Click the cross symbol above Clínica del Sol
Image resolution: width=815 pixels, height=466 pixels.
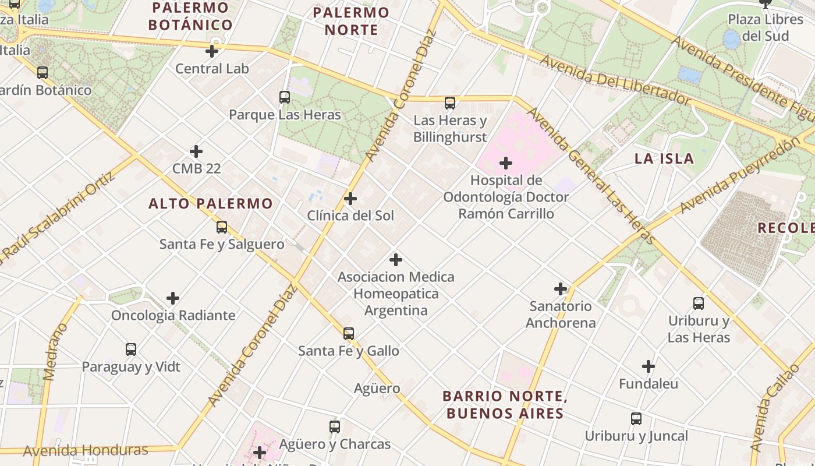pyautogui.click(x=350, y=199)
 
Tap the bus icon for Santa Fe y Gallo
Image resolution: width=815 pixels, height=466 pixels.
pyautogui.click(x=349, y=334)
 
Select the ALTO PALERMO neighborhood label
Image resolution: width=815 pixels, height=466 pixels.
pyautogui.click(x=210, y=203)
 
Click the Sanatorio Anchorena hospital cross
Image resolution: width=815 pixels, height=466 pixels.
pyautogui.click(x=561, y=288)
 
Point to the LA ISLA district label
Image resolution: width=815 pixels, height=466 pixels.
pyautogui.click(x=664, y=158)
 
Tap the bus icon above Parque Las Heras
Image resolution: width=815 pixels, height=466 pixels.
pyautogui.click(x=285, y=97)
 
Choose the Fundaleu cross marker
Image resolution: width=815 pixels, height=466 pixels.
pyautogui.click(x=649, y=366)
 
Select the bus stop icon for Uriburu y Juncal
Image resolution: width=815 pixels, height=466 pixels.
pyautogui.click(x=636, y=419)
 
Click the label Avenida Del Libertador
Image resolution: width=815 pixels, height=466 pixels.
pyautogui.click(x=615, y=80)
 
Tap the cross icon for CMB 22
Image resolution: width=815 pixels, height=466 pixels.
pyautogui.click(x=196, y=151)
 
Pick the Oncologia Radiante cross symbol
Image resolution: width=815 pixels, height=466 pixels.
pyautogui.click(x=173, y=298)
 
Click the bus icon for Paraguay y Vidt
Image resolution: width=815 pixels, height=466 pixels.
pyautogui.click(x=131, y=349)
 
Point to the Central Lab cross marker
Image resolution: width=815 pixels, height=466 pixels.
pyautogui.click(x=212, y=51)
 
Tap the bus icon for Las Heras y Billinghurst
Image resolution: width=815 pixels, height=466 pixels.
pyautogui.click(x=450, y=103)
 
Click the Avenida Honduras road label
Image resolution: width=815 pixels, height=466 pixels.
pyautogui.click(x=86, y=450)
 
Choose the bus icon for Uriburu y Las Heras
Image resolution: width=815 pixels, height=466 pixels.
pyautogui.click(x=699, y=303)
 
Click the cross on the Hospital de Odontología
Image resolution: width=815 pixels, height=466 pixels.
pyautogui.click(x=506, y=163)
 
